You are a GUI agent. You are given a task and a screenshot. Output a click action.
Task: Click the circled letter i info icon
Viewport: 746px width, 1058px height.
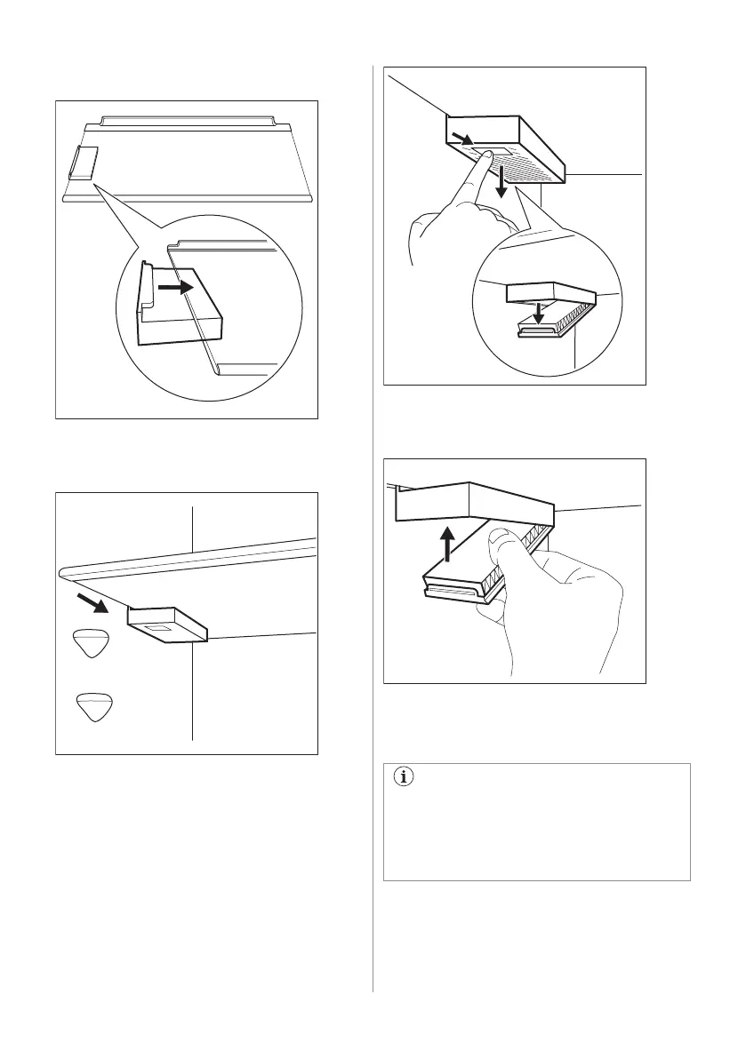coord(405,777)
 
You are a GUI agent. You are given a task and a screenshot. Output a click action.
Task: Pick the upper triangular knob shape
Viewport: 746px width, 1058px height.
coord(91,643)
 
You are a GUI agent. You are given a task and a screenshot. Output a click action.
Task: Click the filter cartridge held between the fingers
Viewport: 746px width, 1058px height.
coord(462,582)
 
